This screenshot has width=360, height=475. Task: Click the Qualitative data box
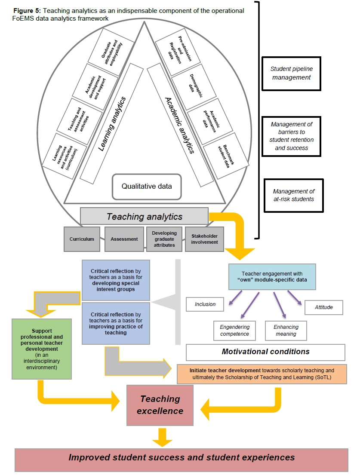pos(147,187)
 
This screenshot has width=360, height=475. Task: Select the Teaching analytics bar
pos(145,217)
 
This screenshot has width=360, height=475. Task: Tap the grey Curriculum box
pos(82,239)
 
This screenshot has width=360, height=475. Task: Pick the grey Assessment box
pos(124,239)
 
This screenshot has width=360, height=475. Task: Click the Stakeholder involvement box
pos(204,239)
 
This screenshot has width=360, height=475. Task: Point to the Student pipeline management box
pos(291,73)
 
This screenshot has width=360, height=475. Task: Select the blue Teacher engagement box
pos(272,277)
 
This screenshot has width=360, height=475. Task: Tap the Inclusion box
pos(205,304)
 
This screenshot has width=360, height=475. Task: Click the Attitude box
pos(323,307)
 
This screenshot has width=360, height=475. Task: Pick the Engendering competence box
pos(234,331)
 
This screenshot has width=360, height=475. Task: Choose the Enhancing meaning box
pos(286,331)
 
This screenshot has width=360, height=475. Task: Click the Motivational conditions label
pos(265,352)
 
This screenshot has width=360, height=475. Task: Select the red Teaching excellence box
pos(160,405)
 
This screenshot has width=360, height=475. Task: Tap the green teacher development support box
pos(41,349)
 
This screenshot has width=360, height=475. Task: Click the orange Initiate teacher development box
pos(262,374)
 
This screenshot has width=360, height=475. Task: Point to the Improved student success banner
pos(182,457)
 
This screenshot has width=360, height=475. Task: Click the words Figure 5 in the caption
pos(25,11)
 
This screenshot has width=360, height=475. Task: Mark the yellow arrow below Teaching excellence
pos(162,436)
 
